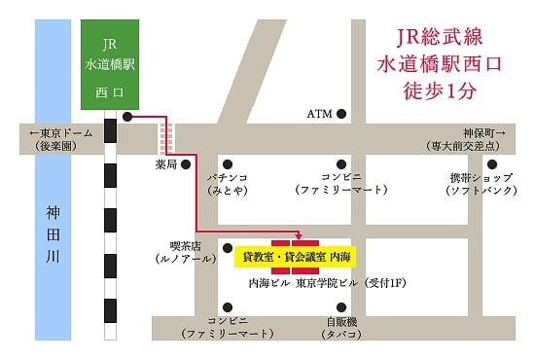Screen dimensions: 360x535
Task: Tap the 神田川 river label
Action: click(x=53, y=233)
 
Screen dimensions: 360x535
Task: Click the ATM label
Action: click(x=319, y=114)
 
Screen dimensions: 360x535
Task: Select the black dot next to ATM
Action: click(x=341, y=114)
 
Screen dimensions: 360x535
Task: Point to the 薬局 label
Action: click(x=166, y=164)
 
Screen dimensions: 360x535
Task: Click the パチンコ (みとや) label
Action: click(x=227, y=184)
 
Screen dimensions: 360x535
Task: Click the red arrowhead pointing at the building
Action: click(x=299, y=236)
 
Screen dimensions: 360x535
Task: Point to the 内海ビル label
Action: click(x=269, y=283)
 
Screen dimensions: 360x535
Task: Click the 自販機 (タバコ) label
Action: click(x=341, y=327)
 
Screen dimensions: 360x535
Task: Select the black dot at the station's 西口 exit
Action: click(x=128, y=117)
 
